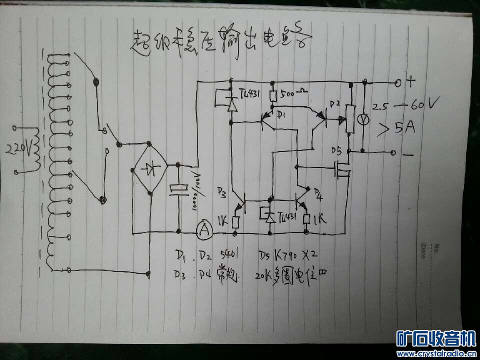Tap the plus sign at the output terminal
click(x=411, y=80)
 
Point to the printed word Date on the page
click(x=423, y=251)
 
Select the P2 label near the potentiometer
click(x=333, y=103)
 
